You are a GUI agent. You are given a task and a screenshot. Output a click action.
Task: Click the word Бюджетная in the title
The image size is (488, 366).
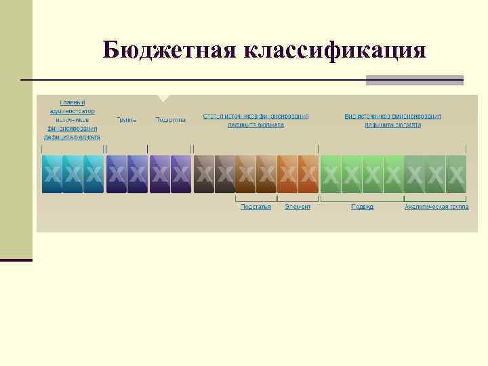(167, 50)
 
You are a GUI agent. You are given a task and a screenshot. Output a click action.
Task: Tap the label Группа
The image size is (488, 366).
(126, 120)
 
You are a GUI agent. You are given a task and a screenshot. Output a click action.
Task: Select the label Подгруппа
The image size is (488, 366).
(171, 120)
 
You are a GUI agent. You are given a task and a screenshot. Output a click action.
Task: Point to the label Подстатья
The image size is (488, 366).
(256, 207)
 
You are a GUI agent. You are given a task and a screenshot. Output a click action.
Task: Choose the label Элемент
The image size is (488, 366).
(298, 207)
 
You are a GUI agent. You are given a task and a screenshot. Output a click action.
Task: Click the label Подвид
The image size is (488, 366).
(362, 207)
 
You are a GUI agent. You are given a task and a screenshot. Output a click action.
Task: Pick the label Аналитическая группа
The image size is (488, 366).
(436, 207)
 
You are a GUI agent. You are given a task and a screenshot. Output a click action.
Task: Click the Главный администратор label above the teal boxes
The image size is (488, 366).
(73, 119)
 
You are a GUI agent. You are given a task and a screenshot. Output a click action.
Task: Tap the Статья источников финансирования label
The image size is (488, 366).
(256, 120)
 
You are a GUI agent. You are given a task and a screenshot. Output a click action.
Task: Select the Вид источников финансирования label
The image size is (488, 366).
(393, 120)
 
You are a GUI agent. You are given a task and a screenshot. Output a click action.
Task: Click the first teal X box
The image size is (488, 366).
(52, 174)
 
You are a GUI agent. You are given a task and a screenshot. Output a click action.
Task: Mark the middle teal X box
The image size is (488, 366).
(73, 174)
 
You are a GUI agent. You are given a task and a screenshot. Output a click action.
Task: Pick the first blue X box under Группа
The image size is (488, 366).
(117, 174)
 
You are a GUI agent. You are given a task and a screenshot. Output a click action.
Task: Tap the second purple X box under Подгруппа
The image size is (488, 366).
(180, 174)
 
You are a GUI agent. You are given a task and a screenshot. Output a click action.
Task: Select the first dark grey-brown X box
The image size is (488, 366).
(204, 174)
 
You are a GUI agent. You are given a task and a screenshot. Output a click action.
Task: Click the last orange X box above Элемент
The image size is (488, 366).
(308, 174)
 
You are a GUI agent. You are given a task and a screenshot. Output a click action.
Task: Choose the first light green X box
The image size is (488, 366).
(331, 174)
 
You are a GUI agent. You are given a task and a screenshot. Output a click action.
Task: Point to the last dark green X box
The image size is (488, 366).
(456, 174)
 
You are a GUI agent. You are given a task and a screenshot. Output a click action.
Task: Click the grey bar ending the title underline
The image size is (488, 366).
(414, 80)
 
